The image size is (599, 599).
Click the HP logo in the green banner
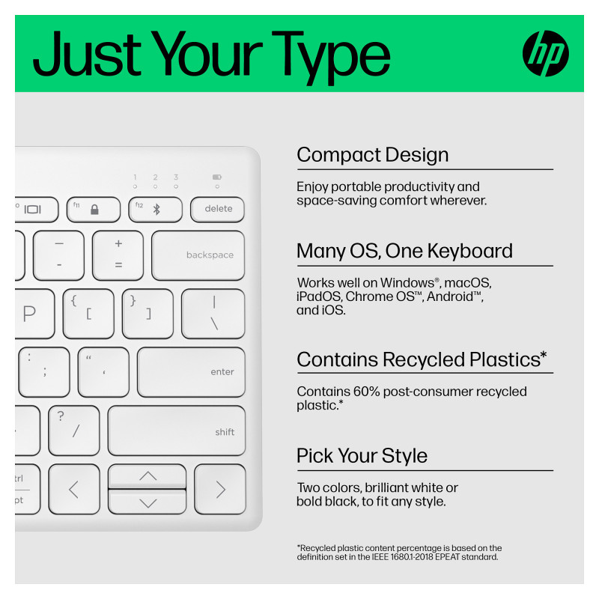coord(545,53)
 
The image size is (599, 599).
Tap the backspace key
coord(198,255)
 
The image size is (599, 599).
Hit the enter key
coord(191,371)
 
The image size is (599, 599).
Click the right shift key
coord(177,431)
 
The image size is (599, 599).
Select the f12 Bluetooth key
coord(156,210)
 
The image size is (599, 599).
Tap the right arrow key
coord(220,489)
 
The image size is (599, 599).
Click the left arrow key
coord(74,489)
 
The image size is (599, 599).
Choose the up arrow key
coord(147,476)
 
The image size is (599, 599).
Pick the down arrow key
coord(147,502)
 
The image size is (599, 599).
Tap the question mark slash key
coord(74,431)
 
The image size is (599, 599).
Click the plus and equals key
coord(118,255)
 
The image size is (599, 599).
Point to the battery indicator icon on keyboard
coord(217,177)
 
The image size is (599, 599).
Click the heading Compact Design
coord(372,155)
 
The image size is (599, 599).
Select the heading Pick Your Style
coord(362,455)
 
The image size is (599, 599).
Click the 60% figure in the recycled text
coord(366,391)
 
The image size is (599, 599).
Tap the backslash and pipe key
coord(213,314)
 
